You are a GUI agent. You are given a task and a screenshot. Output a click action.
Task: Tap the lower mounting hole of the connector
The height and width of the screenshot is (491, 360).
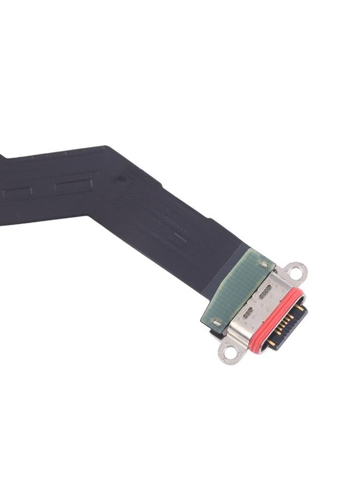click(229, 354)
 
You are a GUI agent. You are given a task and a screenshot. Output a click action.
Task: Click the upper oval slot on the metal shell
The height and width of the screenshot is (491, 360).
click(265, 293)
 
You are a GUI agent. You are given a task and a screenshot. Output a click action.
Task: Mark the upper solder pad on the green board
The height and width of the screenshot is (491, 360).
click(265, 264)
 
